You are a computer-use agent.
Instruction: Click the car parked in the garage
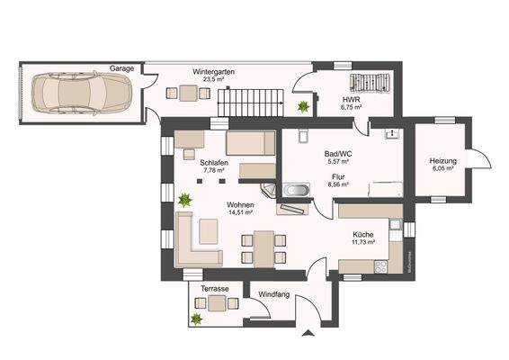(81, 91)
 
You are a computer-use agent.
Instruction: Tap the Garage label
(122, 68)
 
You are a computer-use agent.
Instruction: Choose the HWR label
(351, 99)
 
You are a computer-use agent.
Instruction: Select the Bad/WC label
(339, 154)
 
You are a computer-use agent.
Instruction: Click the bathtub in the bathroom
(296, 191)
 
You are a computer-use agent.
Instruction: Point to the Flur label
(339, 177)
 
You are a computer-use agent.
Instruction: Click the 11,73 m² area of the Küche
(362, 241)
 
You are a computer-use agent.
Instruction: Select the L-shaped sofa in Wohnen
(194, 240)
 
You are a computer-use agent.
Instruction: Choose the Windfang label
(272, 295)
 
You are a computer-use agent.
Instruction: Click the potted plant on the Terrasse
(196, 318)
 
